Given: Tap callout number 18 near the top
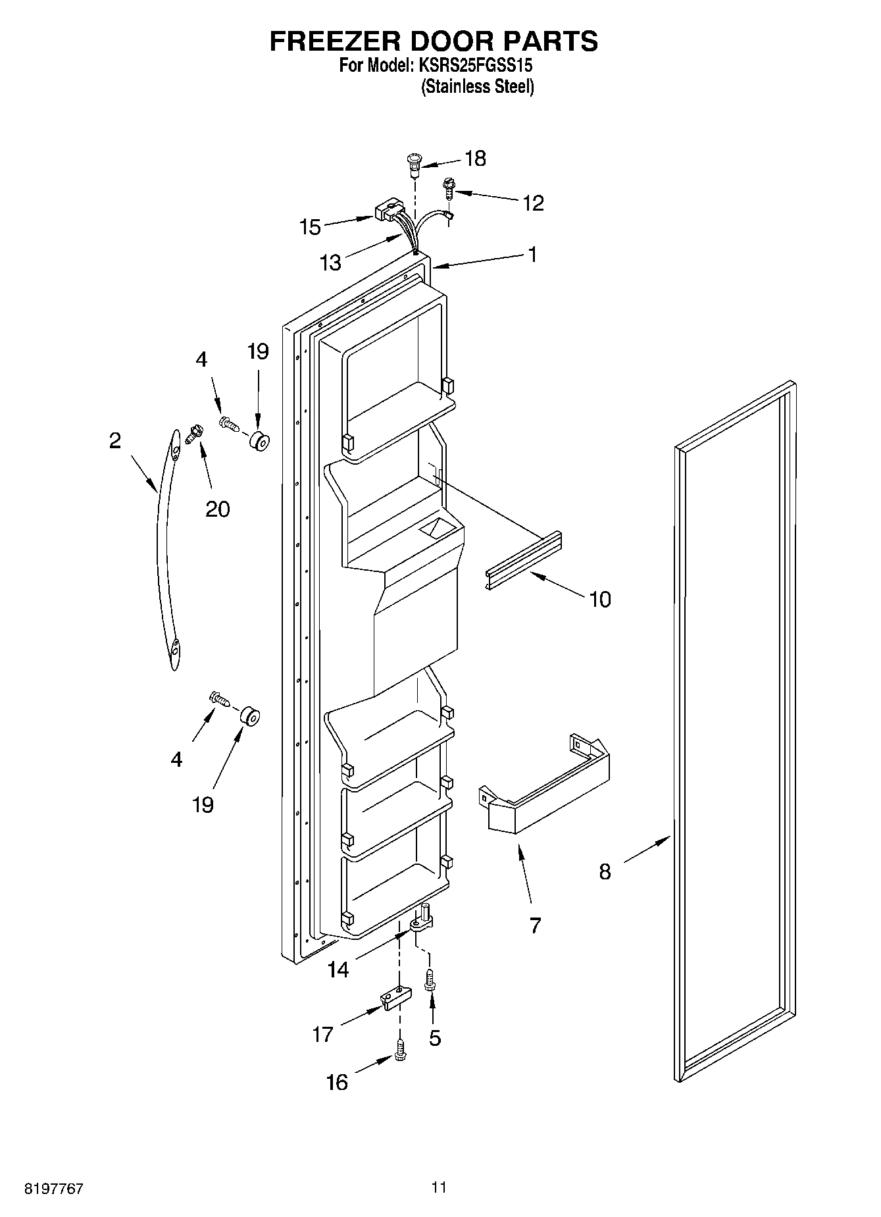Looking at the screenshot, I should point(475,159).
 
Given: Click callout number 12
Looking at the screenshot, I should point(533,203).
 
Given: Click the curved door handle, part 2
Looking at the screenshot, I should point(164,553).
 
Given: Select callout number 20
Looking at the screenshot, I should point(217,509).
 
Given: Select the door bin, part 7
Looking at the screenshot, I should point(545,793).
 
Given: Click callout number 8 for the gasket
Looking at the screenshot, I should point(605,871).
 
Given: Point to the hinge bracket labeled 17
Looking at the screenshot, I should point(394,998).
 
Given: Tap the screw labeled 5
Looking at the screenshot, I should point(430,981).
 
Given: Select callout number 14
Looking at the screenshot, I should point(338,970).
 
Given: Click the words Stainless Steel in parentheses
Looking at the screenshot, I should point(478,86).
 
